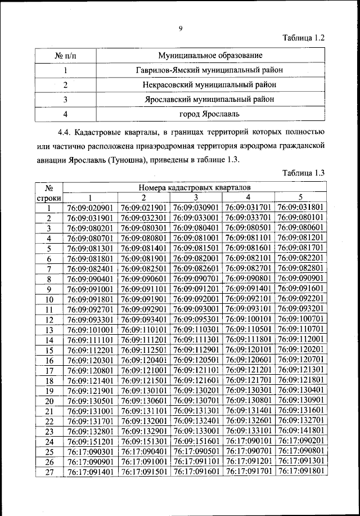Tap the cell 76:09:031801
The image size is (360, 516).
click(301, 208)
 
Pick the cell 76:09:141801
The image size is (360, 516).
click(301, 430)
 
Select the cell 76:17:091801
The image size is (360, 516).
click(301, 471)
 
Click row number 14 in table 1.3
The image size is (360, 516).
click(49, 340)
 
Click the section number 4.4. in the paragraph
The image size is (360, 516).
click(67, 133)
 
